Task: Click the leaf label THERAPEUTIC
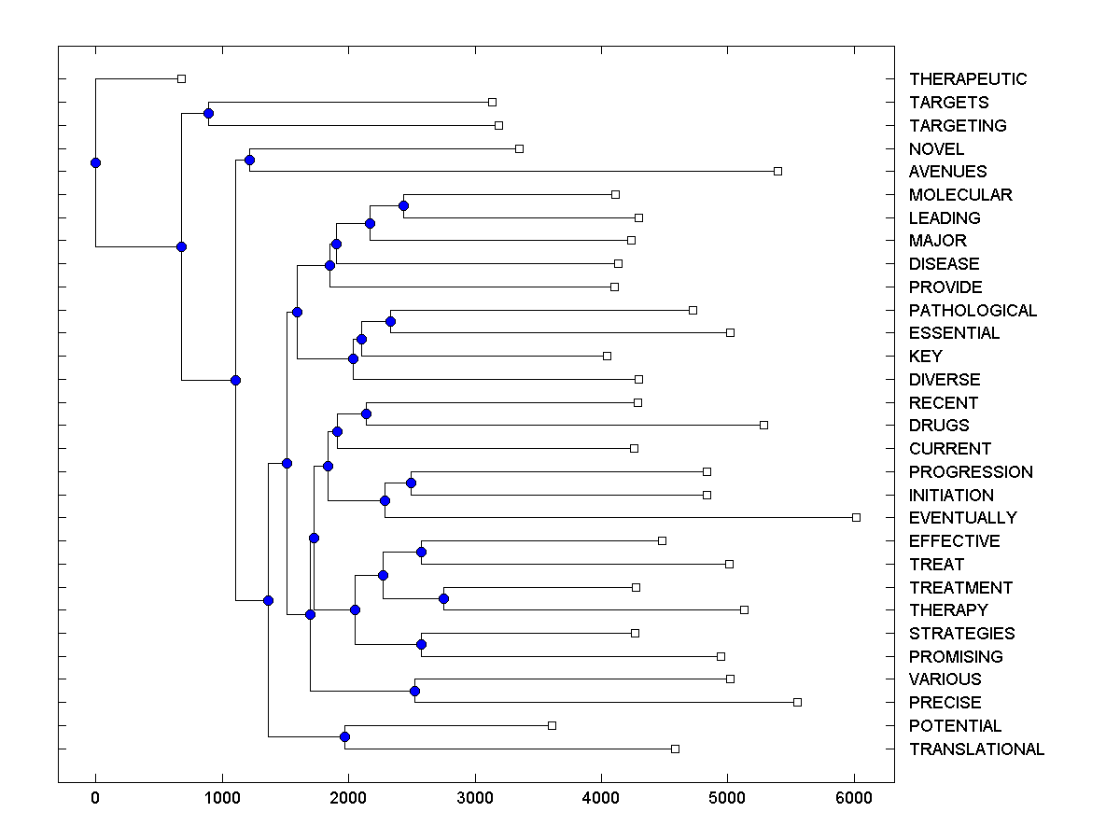pos(967,79)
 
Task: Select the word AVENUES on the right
pos(947,172)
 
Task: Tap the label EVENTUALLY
pos(962,518)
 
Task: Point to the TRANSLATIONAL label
pos(976,749)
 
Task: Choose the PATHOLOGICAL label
pos(973,311)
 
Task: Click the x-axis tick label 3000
pos(474,798)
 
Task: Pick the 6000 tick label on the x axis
pos(854,798)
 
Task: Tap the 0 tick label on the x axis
pos(95,798)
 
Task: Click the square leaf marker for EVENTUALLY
pos(856,517)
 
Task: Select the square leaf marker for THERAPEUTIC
pos(181,78)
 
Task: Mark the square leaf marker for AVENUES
pos(777,171)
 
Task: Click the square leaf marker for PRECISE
pos(797,702)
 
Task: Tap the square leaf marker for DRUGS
pos(763,425)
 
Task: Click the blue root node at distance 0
pos(95,162)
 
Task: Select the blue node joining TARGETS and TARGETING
pos(208,113)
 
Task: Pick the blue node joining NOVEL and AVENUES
pos(249,160)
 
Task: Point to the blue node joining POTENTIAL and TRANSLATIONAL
pos(344,737)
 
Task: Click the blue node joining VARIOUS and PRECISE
pos(414,691)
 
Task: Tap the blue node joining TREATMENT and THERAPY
pos(443,598)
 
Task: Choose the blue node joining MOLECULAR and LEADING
pos(403,205)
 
